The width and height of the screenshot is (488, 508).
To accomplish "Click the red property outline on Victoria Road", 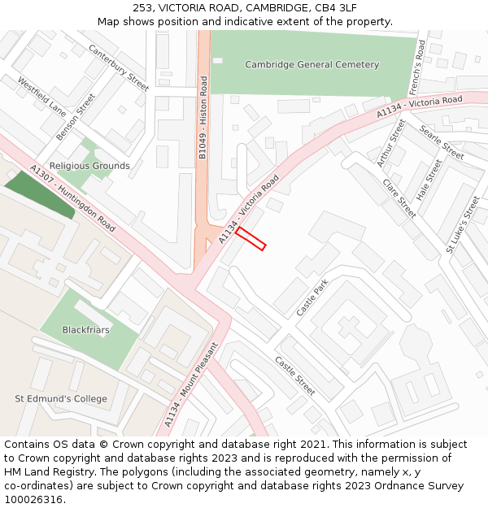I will (251, 238).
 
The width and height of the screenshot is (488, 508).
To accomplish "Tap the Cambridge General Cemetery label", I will (312, 64).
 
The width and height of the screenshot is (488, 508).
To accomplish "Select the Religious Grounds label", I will (89, 166).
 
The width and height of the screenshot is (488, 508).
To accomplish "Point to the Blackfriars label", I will (85, 330).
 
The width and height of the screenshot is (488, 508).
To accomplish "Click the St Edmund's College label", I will (61, 399).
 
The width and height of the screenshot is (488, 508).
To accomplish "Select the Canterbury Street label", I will (119, 67).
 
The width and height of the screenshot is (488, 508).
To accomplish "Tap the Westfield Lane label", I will (41, 96).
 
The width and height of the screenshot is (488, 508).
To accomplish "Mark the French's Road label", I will (418, 66).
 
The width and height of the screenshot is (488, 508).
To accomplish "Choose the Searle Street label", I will (442, 142).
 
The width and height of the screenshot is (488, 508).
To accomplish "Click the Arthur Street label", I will (391, 143).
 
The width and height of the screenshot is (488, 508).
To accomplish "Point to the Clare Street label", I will (399, 198).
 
